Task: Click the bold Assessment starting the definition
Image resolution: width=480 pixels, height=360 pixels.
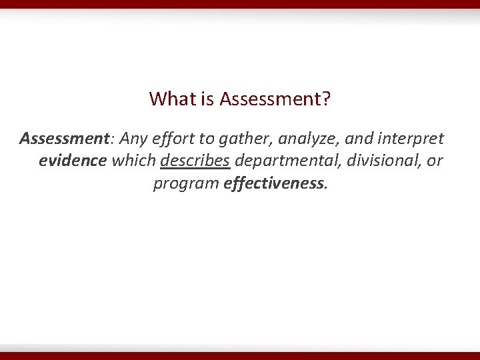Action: coord(64,139)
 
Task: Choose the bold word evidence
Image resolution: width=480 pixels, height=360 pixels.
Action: coord(73,161)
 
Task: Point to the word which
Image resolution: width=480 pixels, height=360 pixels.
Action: coord(134,161)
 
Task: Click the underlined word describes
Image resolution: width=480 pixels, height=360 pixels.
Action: coord(195,161)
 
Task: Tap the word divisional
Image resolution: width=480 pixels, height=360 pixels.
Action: coord(381,161)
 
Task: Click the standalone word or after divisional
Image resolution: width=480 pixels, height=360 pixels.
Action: coord(435,161)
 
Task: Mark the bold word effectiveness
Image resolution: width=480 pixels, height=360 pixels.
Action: coord(274,183)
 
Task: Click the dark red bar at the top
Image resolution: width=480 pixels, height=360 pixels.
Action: coord(240,4)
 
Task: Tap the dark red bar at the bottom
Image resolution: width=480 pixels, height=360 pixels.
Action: coord(240,355)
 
